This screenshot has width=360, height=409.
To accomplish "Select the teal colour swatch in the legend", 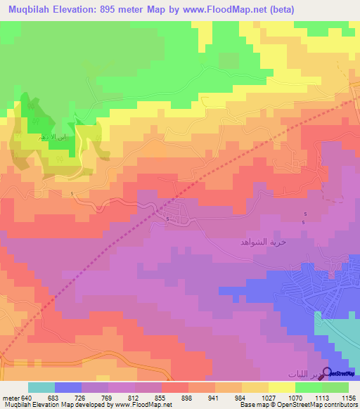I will pyautogui.click(x=41, y=387).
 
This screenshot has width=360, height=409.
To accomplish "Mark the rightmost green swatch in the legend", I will pyautogui.click(x=335, y=387).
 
